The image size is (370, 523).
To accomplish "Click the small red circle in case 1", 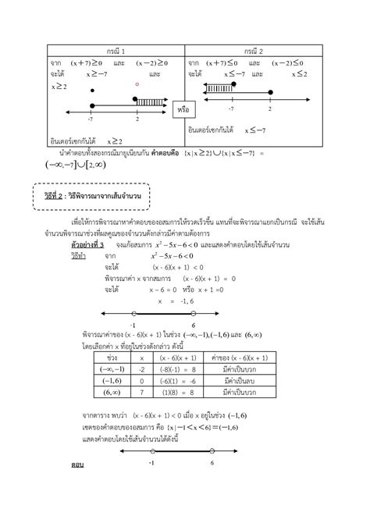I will click(x=137, y=84).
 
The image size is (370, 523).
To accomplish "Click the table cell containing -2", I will click(x=142, y=368).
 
